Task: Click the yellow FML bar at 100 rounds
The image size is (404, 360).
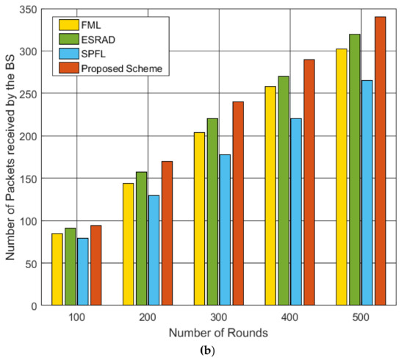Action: (57, 269)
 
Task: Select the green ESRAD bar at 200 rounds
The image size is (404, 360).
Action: (141, 239)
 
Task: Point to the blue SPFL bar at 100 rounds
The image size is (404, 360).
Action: (82, 271)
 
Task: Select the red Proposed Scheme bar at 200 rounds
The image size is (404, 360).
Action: (167, 234)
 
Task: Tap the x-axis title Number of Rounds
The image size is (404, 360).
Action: (218, 333)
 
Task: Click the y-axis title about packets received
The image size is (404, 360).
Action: (10, 157)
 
